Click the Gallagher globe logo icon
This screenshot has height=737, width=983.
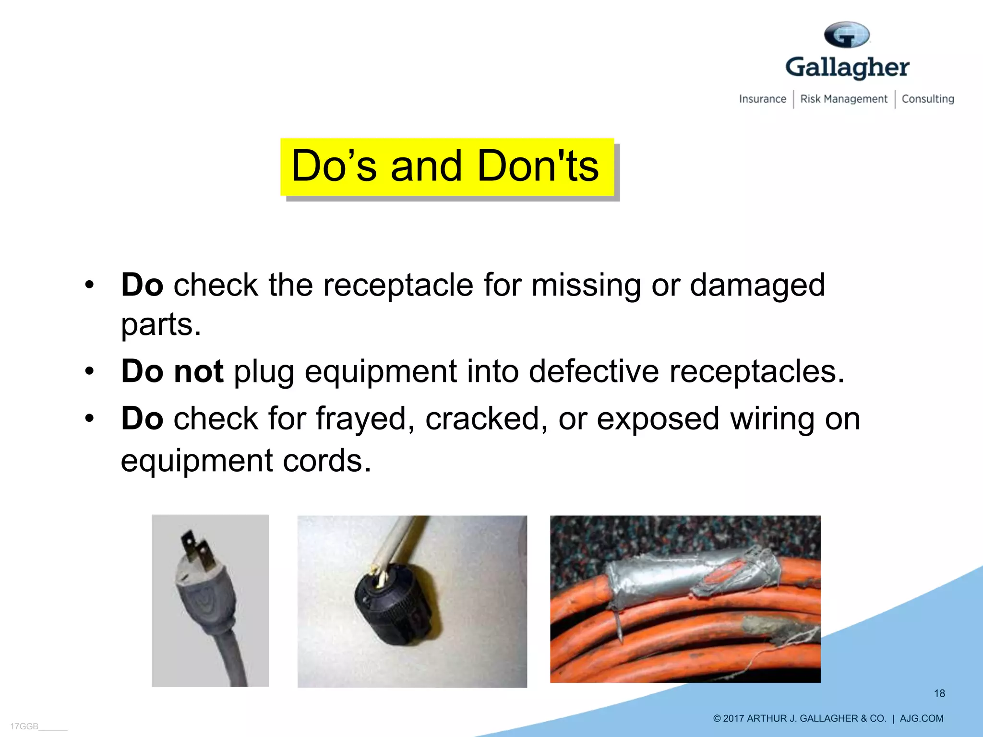(847, 35)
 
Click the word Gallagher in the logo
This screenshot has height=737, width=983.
(847, 68)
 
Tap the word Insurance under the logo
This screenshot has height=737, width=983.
(762, 99)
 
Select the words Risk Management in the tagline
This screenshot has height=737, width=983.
(844, 99)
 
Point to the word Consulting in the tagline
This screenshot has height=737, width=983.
(928, 99)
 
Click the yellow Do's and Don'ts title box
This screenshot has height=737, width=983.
(447, 166)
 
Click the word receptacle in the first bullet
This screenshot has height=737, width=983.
(398, 285)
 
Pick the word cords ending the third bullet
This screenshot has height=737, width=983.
(326, 461)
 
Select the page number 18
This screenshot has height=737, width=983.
(939, 693)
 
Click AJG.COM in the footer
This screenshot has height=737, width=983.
(921, 718)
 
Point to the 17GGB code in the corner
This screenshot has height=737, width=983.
(24, 726)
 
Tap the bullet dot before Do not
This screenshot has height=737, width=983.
(89, 371)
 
